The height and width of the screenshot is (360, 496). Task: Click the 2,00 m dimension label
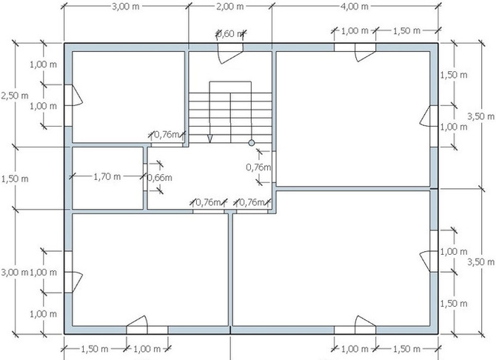(230, 6)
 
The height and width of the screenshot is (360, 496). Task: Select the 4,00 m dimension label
(355, 6)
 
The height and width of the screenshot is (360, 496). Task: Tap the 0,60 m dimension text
(230, 33)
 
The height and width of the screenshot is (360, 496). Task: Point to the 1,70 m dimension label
(107, 176)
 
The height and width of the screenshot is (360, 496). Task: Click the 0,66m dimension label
(160, 178)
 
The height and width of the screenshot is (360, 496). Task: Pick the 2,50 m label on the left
(15, 96)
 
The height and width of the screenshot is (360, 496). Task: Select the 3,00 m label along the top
(126, 6)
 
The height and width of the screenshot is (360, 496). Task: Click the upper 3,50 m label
(480, 116)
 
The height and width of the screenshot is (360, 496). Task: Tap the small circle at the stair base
(252, 143)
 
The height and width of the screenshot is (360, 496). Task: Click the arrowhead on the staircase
(210, 139)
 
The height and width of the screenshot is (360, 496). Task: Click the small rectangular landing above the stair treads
(230, 87)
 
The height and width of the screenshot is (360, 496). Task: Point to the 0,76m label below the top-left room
(167, 135)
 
